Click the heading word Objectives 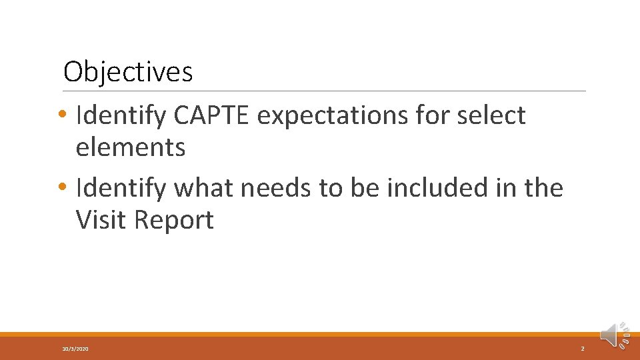pos(128,71)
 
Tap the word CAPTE pos(211,115)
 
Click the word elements pos(131,147)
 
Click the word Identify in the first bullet pos(121,115)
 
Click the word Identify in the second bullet pos(121,188)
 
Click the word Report pos(174,220)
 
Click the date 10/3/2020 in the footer pos(75,349)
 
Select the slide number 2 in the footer pos(583,349)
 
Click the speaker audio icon pos(614,335)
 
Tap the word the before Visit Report pos(543,188)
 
